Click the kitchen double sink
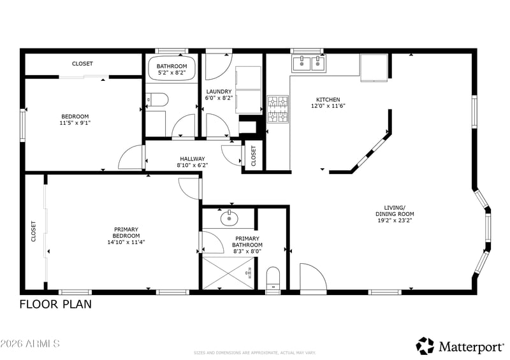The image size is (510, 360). tap(309, 63)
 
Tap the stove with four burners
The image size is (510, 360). tap(278, 109)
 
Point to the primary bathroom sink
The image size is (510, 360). tap(229, 218)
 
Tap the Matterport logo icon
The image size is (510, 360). tap(425, 346)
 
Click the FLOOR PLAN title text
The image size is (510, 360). tap(55, 305)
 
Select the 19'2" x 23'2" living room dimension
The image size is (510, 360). tap(395, 220)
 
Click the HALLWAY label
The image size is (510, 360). tap(193, 159)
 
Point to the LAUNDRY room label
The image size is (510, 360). tap(219, 92)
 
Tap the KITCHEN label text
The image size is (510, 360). tap(328, 99)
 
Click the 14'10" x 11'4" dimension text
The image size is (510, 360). tap(126, 242)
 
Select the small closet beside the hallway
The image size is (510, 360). tap(254, 155)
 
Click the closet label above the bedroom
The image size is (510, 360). tap(82, 64)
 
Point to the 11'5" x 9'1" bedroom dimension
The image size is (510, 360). tap(75, 123)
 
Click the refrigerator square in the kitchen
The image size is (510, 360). tap(374, 68)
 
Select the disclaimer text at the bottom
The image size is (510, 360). tap(254, 353)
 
